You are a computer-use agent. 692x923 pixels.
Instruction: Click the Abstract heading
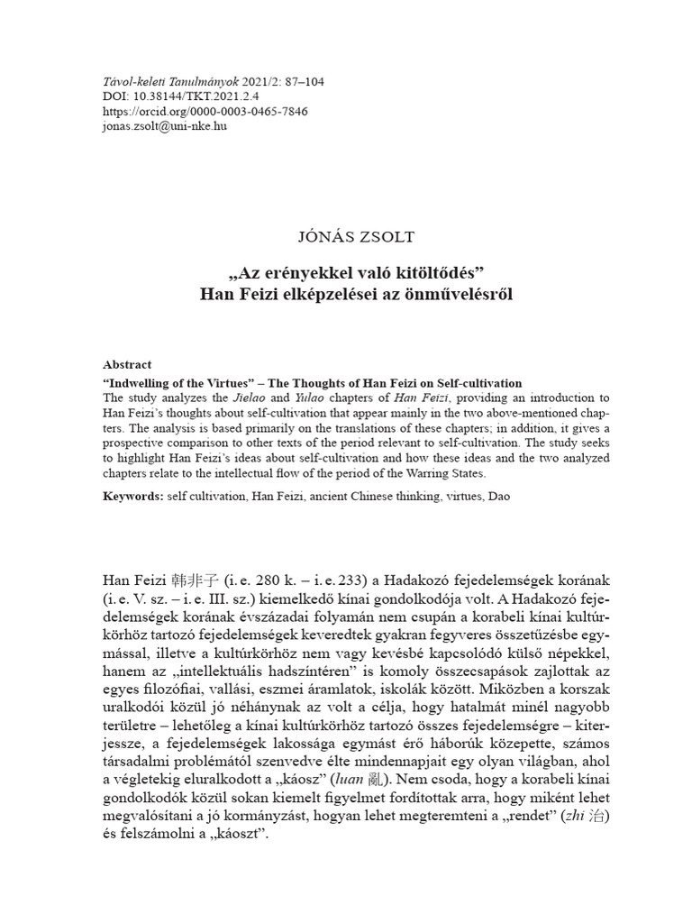coord(128,365)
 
